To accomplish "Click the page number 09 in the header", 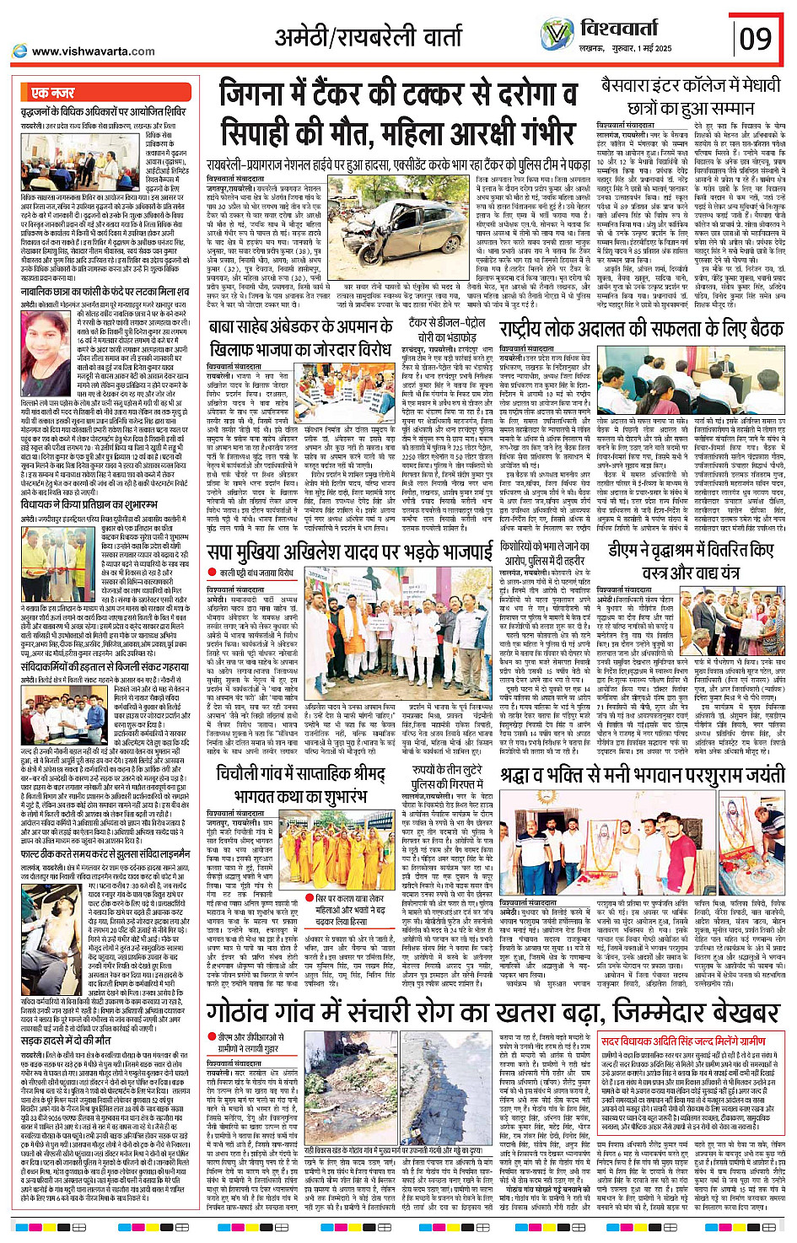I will (x=757, y=39).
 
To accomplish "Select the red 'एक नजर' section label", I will (x=53, y=93).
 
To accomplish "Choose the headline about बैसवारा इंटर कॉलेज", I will (x=690, y=97).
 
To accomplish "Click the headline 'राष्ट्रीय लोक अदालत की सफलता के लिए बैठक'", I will (x=641, y=329).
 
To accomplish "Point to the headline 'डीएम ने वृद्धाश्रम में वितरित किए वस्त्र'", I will (x=691, y=561).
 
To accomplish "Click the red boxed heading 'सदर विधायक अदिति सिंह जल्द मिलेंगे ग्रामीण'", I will (x=683, y=1041).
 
